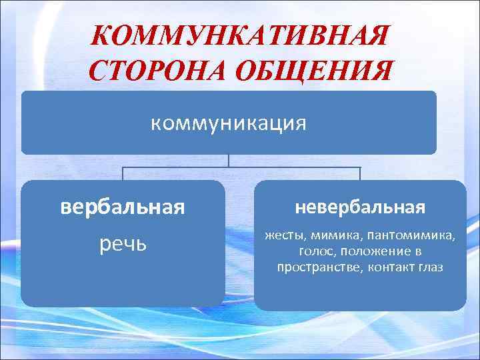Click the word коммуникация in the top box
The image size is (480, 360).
[x=229, y=123]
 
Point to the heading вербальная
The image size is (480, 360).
[x=122, y=207]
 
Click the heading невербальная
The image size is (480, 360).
[x=359, y=207]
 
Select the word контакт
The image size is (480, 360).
[x=388, y=267]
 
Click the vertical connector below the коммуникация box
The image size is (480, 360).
[x=229, y=161]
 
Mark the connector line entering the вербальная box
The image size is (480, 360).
[x=123, y=174]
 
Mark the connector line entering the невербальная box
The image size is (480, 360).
[x=360, y=174]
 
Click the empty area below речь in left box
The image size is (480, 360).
[x=122, y=280]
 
